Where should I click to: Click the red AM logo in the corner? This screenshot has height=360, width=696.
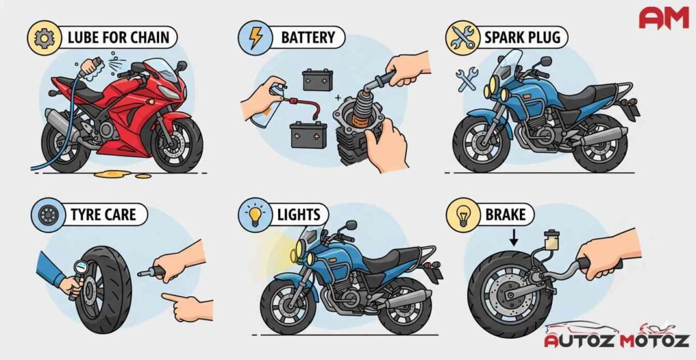pos(663,17)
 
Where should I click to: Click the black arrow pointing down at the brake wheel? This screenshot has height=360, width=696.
pos(515,238)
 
